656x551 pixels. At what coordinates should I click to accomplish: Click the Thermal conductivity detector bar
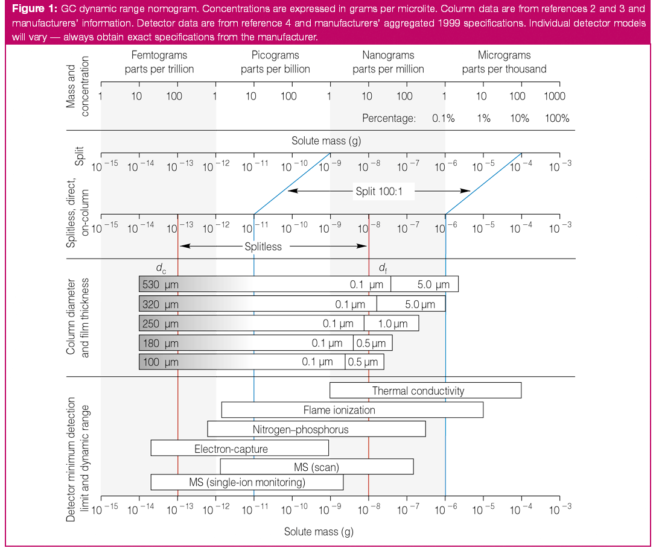[425, 391]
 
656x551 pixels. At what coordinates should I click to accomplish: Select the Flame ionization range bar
[352, 410]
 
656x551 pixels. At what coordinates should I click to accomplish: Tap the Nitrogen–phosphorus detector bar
[316, 429]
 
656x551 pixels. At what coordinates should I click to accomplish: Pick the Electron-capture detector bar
[239, 449]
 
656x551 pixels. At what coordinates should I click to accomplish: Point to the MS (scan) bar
[316, 467]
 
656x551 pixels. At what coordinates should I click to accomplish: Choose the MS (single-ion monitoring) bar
[247, 482]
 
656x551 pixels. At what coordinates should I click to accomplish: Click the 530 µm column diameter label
[161, 284]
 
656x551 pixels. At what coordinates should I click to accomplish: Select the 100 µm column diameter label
[161, 362]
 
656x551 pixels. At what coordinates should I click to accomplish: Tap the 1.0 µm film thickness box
[392, 324]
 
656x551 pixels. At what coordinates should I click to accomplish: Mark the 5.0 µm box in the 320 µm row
[412, 304]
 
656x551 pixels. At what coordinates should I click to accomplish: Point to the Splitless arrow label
[263, 247]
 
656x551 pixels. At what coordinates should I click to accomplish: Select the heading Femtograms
[159, 55]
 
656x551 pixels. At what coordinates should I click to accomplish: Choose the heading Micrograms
[504, 55]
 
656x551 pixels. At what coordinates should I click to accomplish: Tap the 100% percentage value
[556, 118]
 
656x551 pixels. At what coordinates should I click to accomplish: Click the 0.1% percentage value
[443, 118]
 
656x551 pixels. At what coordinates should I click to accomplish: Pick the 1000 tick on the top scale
[554, 96]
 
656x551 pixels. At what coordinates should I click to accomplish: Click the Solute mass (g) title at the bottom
[319, 532]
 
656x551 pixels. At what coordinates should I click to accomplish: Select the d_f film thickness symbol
[383, 268]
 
